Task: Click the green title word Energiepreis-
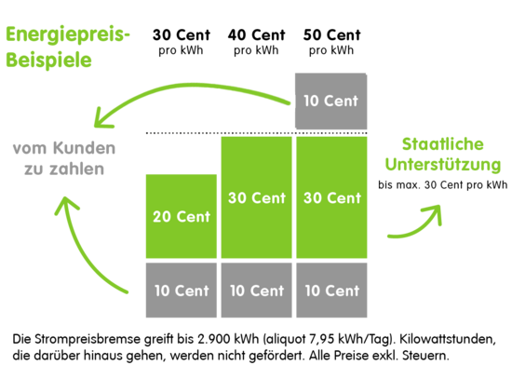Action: pyautogui.click(x=68, y=34)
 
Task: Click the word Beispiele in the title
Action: pyautogui.click(x=48, y=60)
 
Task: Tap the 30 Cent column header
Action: pyautogui.click(x=182, y=42)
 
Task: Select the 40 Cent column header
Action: pyautogui.click(x=257, y=42)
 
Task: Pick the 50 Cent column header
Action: pyautogui.click(x=331, y=42)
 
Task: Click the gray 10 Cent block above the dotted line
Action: pyautogui.click(x=331, y=101)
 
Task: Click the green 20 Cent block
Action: pyautogui.click(x=182, y=216)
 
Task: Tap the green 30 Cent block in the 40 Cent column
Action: pyautogui.click(x=256, y=197)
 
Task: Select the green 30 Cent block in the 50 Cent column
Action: pyautogui.click(x=331, y=197)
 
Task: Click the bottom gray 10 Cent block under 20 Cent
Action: pyautogui.click(x=182, y=291)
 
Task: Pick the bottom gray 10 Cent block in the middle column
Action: pyautogui.click(x=256, y=291)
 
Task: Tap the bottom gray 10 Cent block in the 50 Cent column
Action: pyautogui.click(x=331, y=291)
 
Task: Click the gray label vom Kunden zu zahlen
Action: pyautogui.click(x=64, y=158)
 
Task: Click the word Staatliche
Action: pyautogui.click(x=443, y=144)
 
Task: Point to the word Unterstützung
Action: pyautogui.click(x=443, y=164)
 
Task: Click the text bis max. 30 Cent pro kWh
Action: pyautogui.click(x=443, y=185)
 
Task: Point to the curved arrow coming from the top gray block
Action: pyautogui.click(x=189, y=86)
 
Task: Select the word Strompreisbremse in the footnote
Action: pyautogui.click(x=88, y=339)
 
